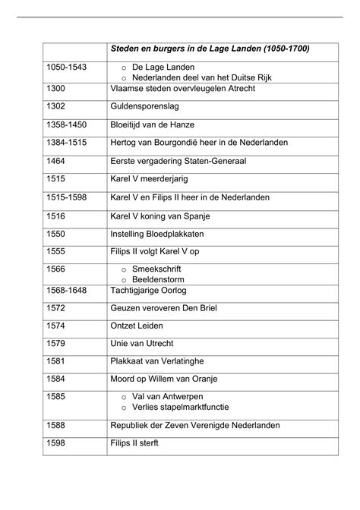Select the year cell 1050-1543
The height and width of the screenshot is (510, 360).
[66, 67]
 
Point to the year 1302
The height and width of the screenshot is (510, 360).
[57, 107]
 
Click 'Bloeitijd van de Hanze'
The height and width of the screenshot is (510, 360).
[157, 125]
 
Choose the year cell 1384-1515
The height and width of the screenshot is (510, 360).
[66, 143]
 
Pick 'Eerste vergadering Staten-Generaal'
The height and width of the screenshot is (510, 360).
[182, 161]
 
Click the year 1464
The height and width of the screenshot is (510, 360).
[57, 161]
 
